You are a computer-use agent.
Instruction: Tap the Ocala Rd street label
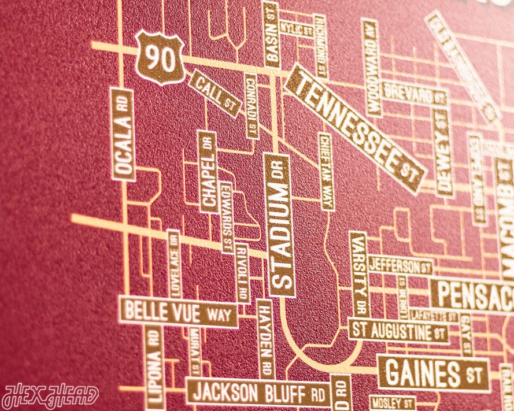(123, 135)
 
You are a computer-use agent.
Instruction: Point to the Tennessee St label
(354, 128)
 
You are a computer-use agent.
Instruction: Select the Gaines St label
(433, 373)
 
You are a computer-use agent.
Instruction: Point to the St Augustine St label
(398, 332)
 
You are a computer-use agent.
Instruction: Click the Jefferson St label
(400, 266)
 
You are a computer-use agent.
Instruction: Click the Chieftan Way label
(326, 171)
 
